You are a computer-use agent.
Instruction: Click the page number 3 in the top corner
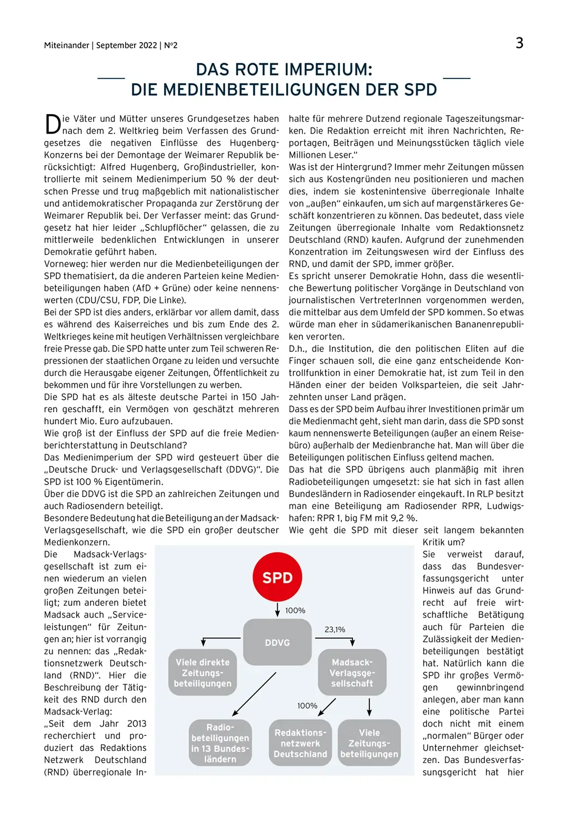pyautogui.click(x=519, y=43)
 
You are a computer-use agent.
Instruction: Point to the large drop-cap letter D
pyautogui.click(x=53, y=125)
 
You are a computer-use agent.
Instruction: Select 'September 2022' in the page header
pyautogui.click(x=127, y=45)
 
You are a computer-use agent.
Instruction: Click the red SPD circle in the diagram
pyautogui.click(x=277, y=577)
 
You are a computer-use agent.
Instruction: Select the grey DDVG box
pyautogui.click(x=277, y=642)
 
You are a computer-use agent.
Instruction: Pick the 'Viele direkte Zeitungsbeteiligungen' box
pyautogui.click(x=202, y=673)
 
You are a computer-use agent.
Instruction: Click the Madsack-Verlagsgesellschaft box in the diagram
pyautogui.click(x=352, y=673)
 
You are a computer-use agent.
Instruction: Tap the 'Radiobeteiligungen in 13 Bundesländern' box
pyautogui.click(x=220, y=743)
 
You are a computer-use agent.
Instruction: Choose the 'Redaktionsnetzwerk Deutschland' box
pyautogui.click(x=300, y=743)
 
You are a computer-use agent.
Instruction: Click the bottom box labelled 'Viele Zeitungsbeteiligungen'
pyautogui.click(x=369, y=743)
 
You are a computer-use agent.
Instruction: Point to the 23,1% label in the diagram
pyautogui.click(x=335, y=629)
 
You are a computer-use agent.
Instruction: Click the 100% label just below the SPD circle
pyautogui.click(x=295, y=610)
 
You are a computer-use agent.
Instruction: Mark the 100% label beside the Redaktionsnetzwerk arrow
pyautogui.click(x=307, y=706)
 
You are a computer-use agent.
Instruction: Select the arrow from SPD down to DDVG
pyautogui.click(x=278, y=610)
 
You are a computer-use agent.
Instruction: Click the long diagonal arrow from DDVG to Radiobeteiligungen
pyautogui.click(x=254, y=694)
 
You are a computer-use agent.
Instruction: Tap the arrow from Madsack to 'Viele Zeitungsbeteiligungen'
pyautogui.click(x=370, y=707)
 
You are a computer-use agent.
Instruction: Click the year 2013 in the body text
pyautogui.click(x=137, y=724)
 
